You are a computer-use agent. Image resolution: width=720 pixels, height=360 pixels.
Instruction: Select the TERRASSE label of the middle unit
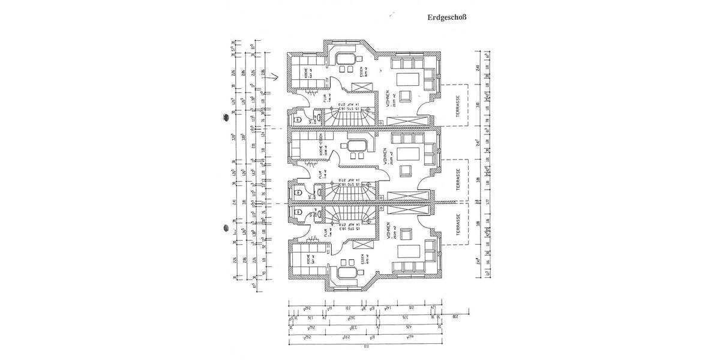tap(458, 179)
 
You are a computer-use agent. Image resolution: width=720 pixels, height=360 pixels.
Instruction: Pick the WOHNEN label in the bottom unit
tap(389, 231)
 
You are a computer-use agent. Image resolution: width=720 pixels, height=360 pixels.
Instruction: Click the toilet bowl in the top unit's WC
tap(298, 119)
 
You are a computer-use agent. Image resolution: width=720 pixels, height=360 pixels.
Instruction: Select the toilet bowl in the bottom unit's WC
tap(298, 211)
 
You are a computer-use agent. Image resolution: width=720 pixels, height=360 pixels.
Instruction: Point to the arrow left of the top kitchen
tap(274, 77)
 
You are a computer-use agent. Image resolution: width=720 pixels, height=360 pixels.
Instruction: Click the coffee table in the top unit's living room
tap(410, 79)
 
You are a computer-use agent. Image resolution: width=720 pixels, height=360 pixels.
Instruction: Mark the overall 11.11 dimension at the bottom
tap(365, 346)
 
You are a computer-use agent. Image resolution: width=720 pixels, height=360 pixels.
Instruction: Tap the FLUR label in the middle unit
tap(322, 173)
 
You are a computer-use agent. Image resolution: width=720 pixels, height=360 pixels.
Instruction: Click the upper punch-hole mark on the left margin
tap(227, 118)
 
